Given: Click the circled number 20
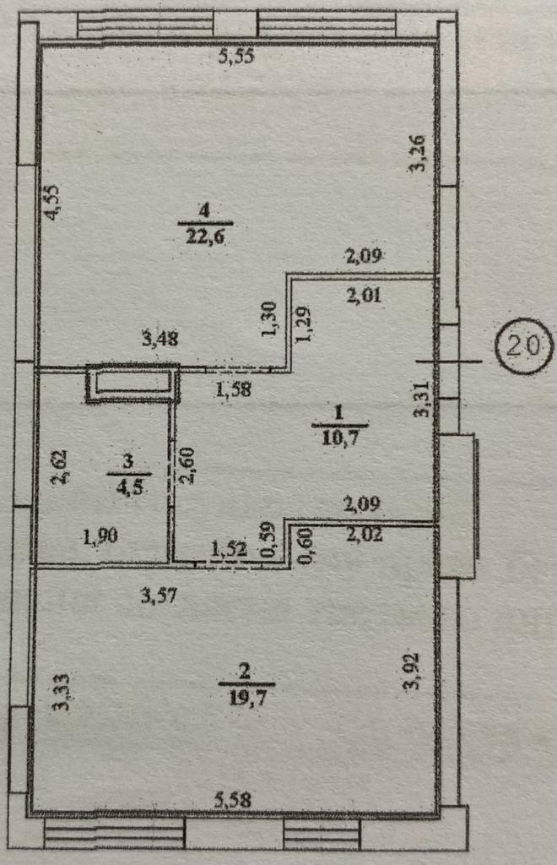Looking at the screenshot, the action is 523,345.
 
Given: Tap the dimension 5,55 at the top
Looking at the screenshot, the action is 237,57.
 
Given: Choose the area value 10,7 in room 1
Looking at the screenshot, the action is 339,437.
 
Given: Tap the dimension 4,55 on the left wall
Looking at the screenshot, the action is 53,203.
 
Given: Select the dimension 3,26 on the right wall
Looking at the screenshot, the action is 417,155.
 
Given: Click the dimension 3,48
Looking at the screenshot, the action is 162,339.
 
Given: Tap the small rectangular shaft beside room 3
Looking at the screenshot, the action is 133,383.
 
